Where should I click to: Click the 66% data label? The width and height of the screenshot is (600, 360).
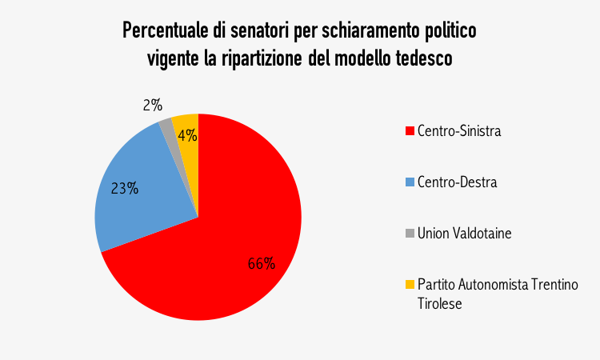pos(261,263)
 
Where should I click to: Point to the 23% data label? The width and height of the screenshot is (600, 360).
pos(124,189)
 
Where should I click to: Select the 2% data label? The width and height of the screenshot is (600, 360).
pos(153,104)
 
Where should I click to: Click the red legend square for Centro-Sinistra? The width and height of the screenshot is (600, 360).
pos(410,131)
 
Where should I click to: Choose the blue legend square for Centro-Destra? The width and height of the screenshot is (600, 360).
pos(410,182)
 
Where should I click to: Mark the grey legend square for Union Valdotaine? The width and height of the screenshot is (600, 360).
pos(410,234)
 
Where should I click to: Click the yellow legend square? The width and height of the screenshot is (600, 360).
pos(410,285)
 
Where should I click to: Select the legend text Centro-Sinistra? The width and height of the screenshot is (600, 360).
pos(459,131)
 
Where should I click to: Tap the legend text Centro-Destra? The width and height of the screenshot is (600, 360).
pos(457,182)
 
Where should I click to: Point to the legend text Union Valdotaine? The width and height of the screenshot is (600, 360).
pos(464,234)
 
